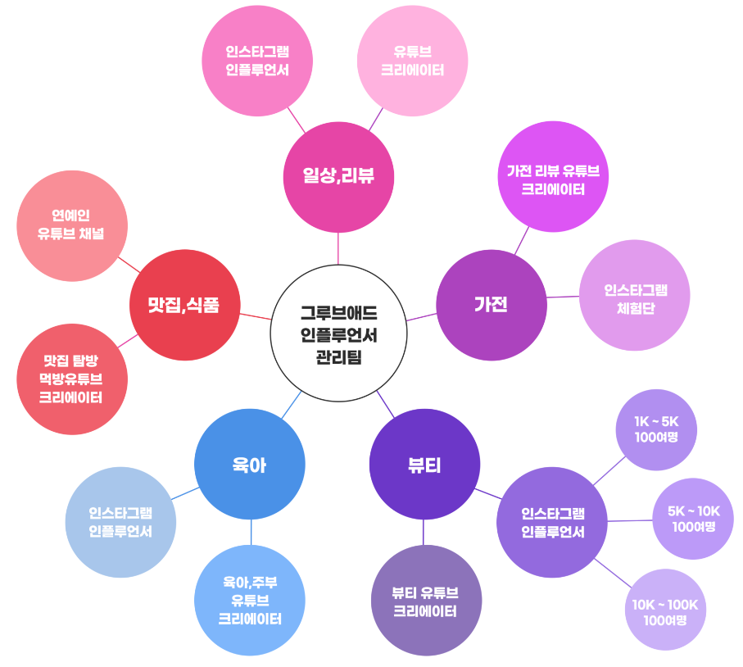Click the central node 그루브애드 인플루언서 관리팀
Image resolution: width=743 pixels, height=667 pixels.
pos(338,333)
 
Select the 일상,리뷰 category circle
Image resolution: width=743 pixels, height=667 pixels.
pos(338,176)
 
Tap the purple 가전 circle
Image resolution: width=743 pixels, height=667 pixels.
pos(492,305)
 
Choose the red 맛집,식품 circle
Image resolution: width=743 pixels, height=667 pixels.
pos(184,306)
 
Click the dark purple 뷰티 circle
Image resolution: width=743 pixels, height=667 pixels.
pos(424,465)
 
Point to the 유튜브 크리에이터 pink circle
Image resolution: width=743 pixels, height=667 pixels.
pos(413,60)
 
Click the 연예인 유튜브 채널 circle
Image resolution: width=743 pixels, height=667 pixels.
pos(71,225)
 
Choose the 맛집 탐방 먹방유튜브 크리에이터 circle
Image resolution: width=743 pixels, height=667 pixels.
pos(71,379)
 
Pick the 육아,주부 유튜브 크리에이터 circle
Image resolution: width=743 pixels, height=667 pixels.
pos(250,600)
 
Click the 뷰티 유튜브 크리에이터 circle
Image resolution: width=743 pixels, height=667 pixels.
pos(426,601)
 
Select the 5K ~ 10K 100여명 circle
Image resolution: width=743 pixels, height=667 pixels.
pos(693,519)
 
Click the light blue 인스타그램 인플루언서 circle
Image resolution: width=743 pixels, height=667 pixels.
pos(120,522)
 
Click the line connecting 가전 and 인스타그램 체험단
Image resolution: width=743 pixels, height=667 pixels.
pos(563,297)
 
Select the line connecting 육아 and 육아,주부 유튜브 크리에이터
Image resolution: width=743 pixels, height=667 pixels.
pos(251,532)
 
